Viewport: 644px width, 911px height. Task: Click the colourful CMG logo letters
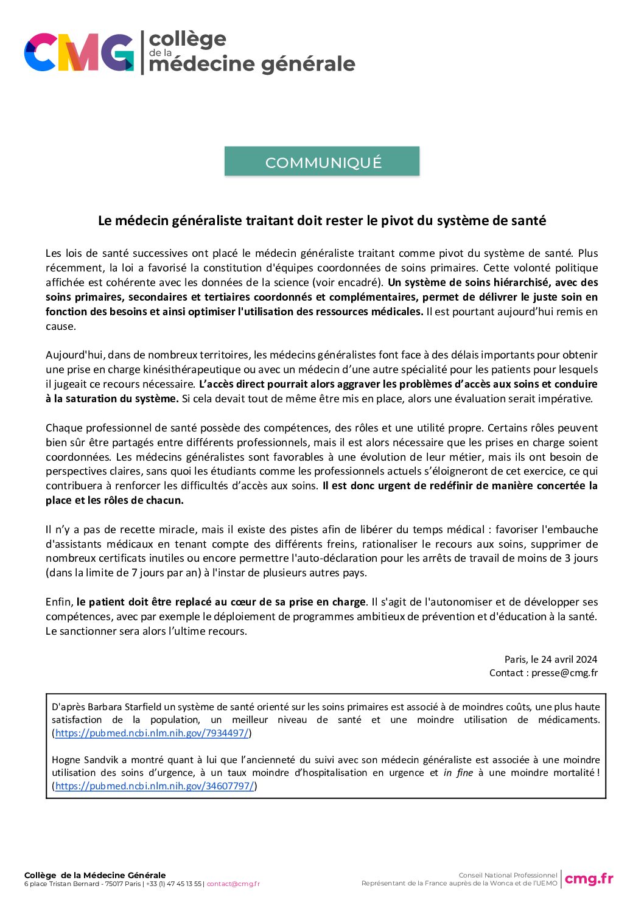point(79,52)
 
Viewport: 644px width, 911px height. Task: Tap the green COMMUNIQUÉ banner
point(322,162)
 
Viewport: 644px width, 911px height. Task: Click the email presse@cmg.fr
point(564,672)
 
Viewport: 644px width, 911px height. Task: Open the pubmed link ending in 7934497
point(152,733)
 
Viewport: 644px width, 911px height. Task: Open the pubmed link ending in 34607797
point(155,786)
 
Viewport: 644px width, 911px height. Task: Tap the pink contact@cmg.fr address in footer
point(233,884)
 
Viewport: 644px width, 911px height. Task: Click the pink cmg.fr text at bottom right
point(589,878)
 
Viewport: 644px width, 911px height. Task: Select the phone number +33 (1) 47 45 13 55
point(173,884)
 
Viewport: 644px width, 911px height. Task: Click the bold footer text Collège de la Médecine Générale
point(95,875)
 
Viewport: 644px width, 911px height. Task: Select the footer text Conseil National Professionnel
point(508,875)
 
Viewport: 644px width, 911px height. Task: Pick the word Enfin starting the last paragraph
point(58,602)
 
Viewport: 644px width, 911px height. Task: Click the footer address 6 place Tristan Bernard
point(62,884)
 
